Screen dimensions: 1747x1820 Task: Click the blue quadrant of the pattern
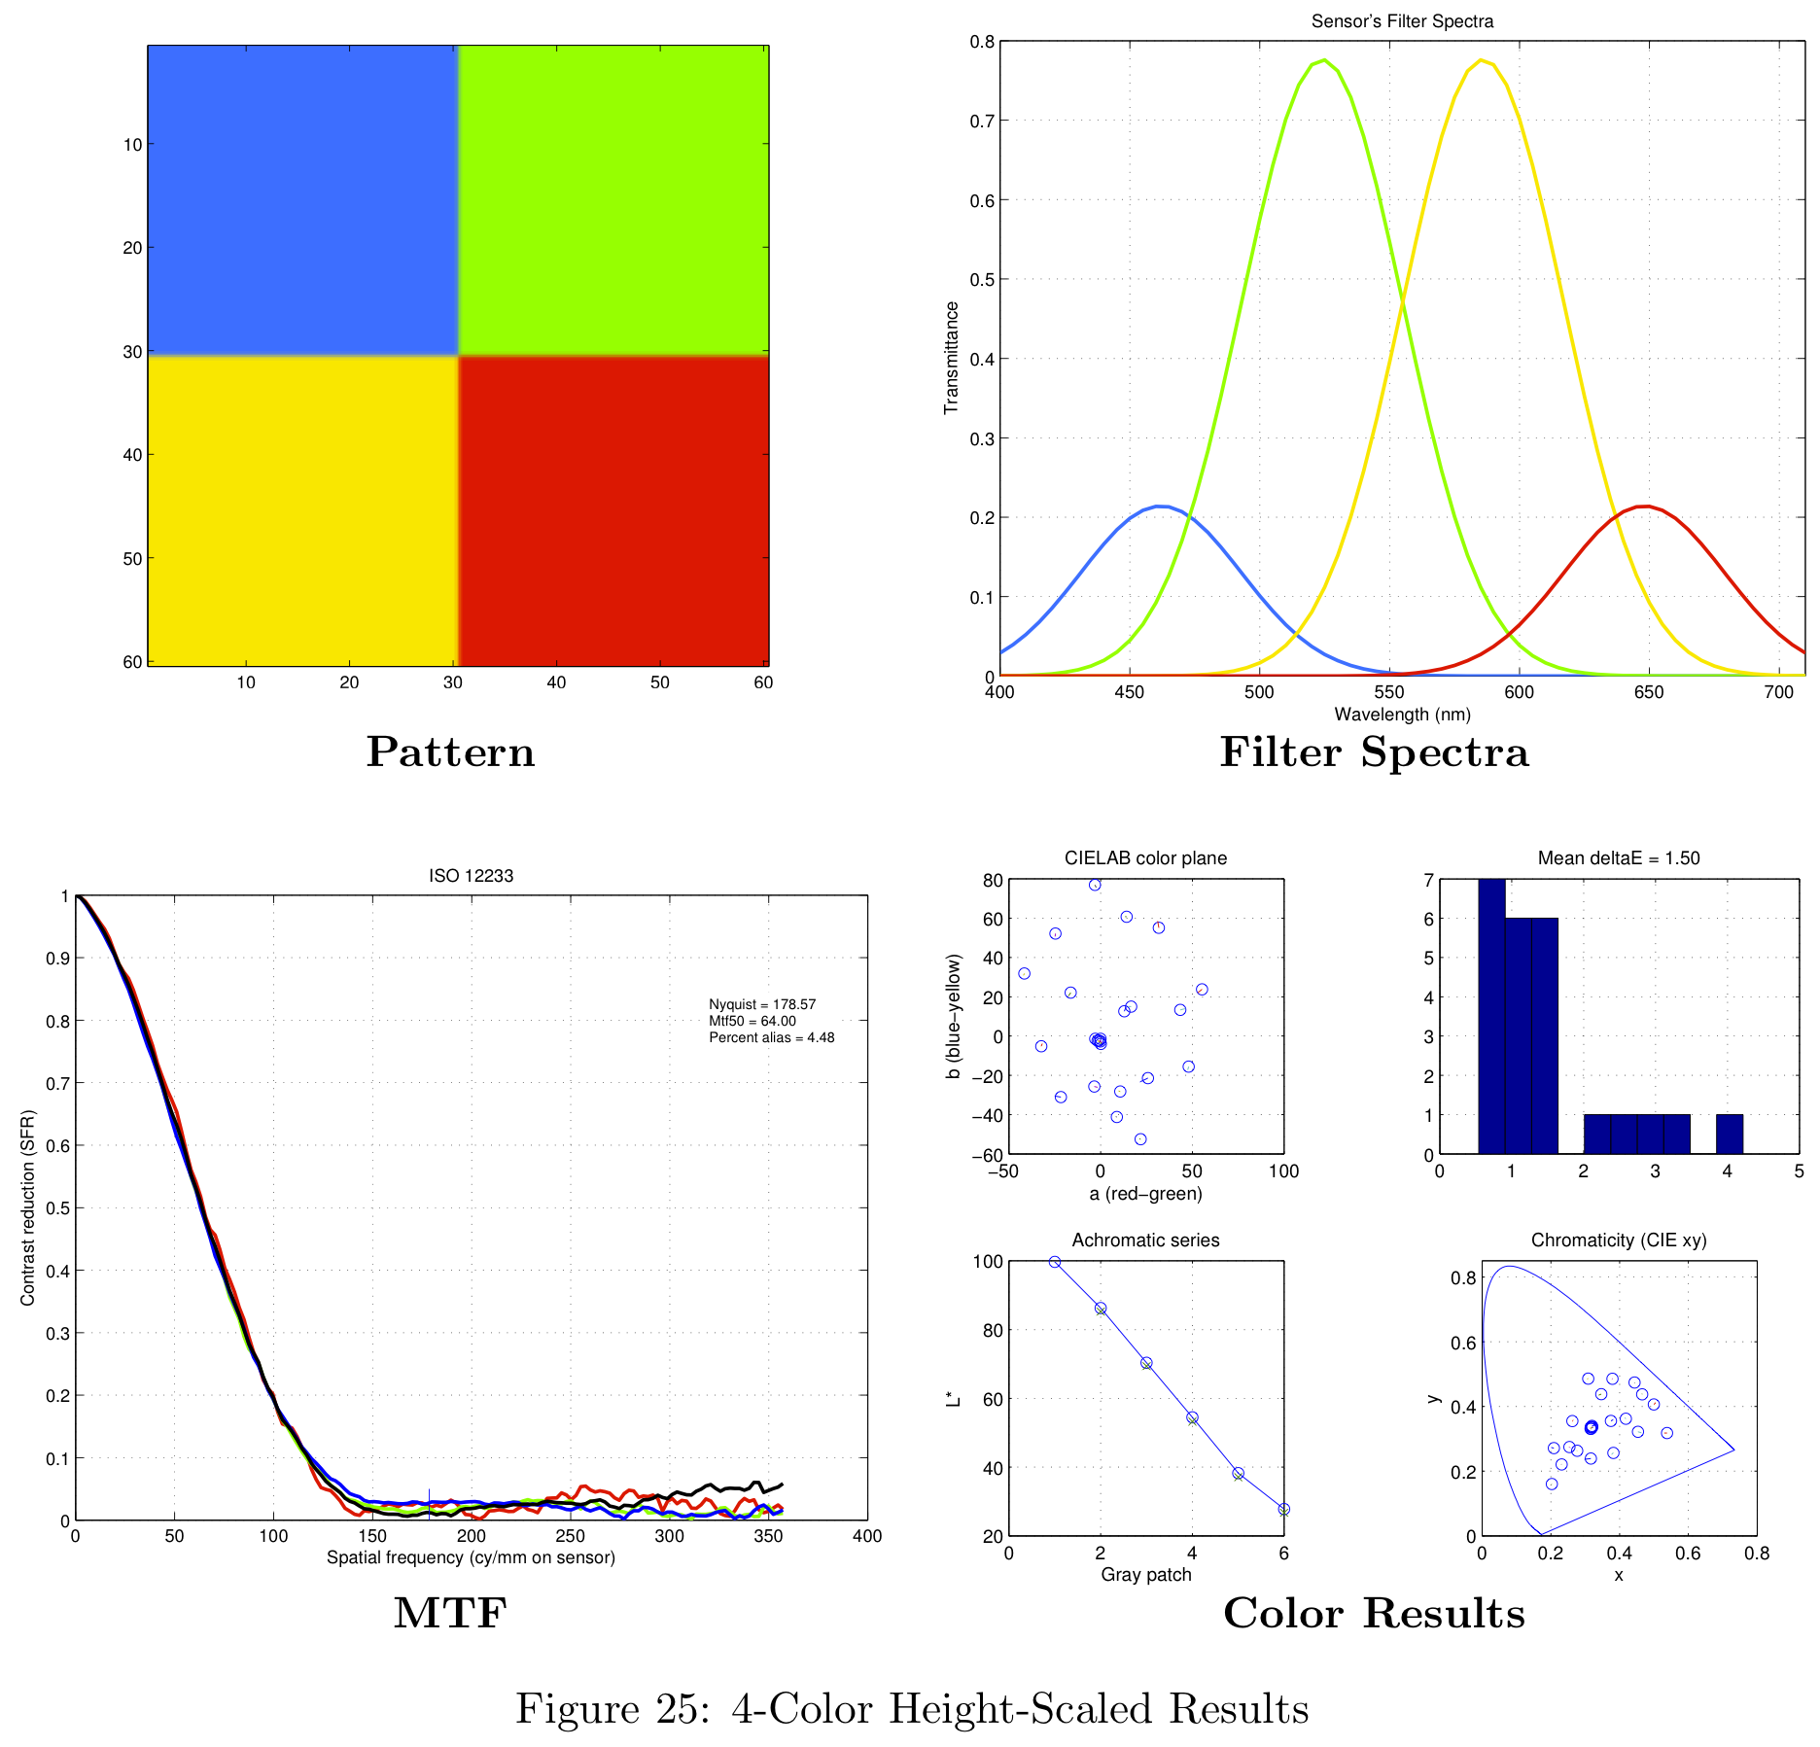[x=301, y=199]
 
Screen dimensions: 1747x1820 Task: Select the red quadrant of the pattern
[x=612, y=510]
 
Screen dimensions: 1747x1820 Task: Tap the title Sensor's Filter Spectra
[x=1402, y=21]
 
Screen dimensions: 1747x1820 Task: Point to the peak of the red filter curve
[x=1644, y=507]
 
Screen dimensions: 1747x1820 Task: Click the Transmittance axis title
[x=952, y=358]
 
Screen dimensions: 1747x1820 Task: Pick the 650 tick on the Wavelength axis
[x=1649, y=692]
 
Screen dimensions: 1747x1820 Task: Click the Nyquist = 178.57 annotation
[x=762, y=1004]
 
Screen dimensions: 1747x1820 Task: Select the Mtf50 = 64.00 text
[x=752, y=1021]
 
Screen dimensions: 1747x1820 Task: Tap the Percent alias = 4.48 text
[x=772, y=1037]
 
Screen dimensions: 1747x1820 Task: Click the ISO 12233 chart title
[x=471, y=876]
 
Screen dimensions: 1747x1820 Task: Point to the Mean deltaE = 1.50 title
[x=1619, y=858]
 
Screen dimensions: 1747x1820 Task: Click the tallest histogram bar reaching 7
[x=1491, y=1016]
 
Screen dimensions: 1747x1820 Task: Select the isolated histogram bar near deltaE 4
[x=1730, y=1135]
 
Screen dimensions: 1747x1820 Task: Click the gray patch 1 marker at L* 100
[x=1055, y=1262]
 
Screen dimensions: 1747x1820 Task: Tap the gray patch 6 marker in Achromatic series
[x=1284, y=1510]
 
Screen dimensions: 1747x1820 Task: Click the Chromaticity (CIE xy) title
[x=1619, y=1240]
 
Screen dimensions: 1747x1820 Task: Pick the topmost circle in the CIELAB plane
[x=1095, y=885]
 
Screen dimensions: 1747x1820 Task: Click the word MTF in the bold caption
[x=450, y=1613]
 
